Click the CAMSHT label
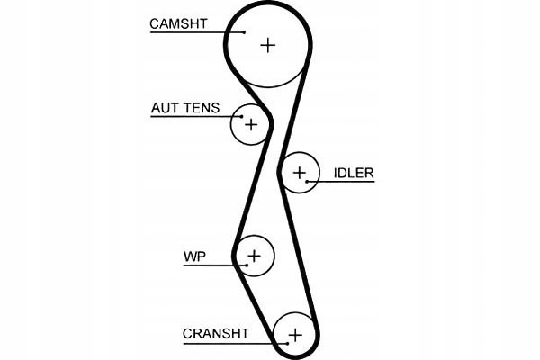pyautogui.click(x=180, y=22)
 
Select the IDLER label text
pyautogui.click(x=353, y=173)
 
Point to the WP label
pyautogui.click(x=194, y=257)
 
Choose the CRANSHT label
pyautogui.click(x=215, y=333)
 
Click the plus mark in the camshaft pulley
pyautogui.click(x=268, y=44)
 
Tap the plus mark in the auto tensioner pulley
pyautogui.click(x=251, y=124)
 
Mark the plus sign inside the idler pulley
pyautogui.click(x=300, y=171)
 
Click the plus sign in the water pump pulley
pyautogui.click(x=254, y=256)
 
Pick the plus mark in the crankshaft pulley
pyautogui.click(x=294, y=335)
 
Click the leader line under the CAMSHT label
pyautogui.click(x=189, y=32)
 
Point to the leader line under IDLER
pyautogui.click(x=342, y=183)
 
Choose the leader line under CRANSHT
pyautogui.click(x=225, y=343)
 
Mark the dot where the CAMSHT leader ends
pyautogui.click(x=244, y=32)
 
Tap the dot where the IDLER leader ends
pyautogui.click(x=308, y=183)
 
